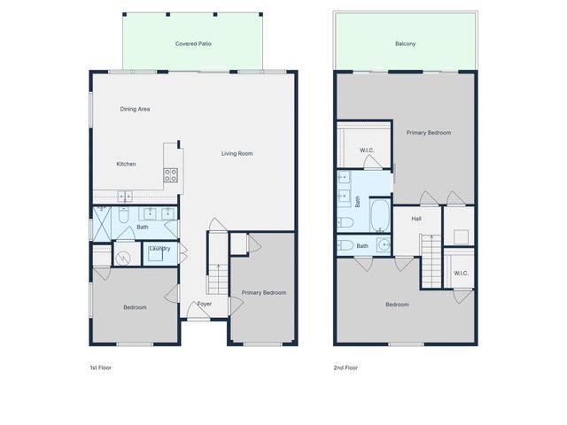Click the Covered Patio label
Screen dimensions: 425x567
coord(193,43)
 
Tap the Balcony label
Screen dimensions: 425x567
coord(405,43)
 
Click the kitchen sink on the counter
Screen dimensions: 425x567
coord(125,197)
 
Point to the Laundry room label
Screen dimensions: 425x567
coord(159,249)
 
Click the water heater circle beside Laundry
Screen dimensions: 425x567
coord(123,259)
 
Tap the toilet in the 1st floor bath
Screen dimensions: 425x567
coord(124,213)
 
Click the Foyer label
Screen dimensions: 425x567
coord(205,304)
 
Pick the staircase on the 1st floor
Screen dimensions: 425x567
coord(218,274)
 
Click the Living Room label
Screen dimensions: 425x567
coord(237,154)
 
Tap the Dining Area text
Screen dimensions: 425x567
coord(135,109)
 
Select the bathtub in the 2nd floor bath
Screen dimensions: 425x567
coord(379,212)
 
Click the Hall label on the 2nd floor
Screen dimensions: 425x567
coord(416,218)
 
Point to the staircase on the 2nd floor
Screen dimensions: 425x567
coord(430,262)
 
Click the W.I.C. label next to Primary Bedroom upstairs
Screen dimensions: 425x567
coord(368,151)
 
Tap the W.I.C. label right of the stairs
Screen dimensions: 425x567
coord(461,273)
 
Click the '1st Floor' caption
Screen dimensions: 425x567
coord(101,367)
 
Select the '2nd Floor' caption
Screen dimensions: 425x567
coord(346,367)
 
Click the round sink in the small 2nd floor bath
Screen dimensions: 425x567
coord(382,245)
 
